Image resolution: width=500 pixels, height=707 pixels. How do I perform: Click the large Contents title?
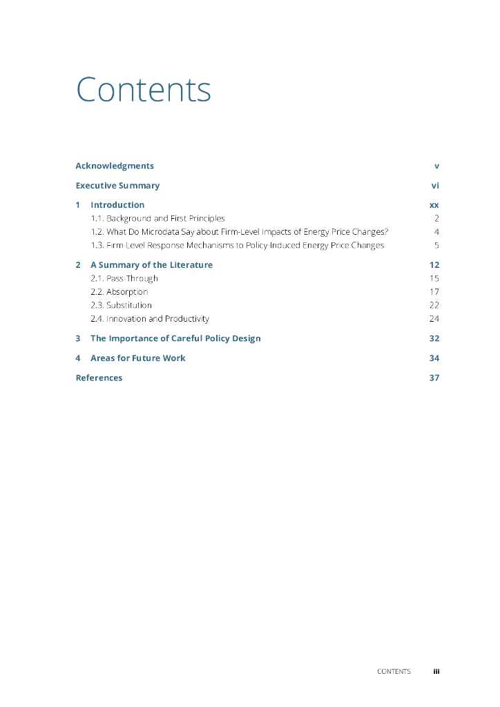coord(143,90)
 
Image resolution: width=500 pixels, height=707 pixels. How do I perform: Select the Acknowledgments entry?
coord(115,166)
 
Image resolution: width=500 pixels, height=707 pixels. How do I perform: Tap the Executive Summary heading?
coord(117,186)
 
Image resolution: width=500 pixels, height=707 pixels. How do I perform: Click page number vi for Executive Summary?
coord(435,186)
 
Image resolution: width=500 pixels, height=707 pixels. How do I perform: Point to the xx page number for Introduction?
coord(434,205)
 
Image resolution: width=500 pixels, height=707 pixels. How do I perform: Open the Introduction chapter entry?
coord(117,205)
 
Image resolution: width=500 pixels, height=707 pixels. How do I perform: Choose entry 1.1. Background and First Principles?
coord(157,218)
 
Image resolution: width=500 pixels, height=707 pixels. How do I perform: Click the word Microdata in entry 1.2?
coord(164,232)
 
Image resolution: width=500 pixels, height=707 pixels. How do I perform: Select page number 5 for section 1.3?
coord(436,245)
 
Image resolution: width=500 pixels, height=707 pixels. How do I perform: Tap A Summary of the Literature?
coord(151,265)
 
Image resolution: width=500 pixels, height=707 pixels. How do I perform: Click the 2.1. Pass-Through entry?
coord(124,278)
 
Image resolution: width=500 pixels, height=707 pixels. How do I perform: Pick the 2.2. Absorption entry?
coord(119,292)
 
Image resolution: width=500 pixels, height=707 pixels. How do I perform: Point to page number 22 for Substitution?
coord(434,305)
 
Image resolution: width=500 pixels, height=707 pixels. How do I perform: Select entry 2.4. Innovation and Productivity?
coord(150,319)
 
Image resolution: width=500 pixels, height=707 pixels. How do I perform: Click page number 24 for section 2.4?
coord(434,319)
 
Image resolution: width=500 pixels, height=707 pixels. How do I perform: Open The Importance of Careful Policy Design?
coord(175,338)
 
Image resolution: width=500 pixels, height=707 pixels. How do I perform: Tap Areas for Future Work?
coord(137,358)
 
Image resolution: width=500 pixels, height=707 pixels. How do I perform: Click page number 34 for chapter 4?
coord(434,358)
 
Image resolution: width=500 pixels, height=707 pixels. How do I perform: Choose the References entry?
coord(99,378)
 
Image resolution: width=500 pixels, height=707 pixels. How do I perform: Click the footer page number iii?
coord(436,671)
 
